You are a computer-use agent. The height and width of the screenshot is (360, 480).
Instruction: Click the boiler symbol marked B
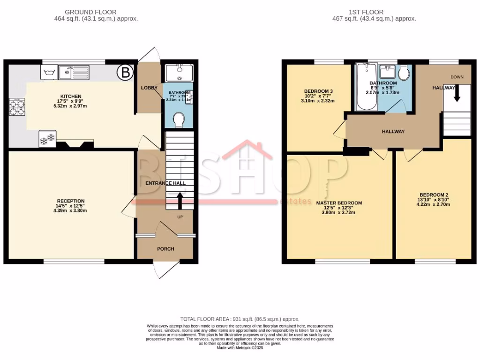pos(125,72)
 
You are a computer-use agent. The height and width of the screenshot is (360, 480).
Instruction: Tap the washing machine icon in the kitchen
pos(49,73)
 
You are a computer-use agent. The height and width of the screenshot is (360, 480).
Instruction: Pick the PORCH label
pos(165,248)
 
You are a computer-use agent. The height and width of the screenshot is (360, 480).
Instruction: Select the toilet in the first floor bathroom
pos(404,73)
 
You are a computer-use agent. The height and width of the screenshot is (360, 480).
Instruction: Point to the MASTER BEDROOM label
pos(338,203)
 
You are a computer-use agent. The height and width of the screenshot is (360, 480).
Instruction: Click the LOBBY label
pos(149,88)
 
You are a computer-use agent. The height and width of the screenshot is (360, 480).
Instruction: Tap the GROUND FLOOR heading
pos(90,12)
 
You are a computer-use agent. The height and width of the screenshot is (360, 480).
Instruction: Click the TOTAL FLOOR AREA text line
pos(240,319)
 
